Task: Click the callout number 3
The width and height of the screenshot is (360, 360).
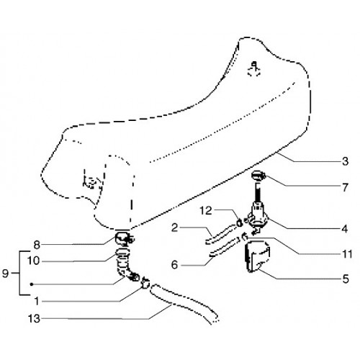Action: [345, 161]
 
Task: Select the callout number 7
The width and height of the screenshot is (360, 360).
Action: [345, 187]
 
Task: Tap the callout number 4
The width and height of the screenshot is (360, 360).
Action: [345, 229]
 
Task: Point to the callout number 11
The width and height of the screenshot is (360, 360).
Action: [347, 254]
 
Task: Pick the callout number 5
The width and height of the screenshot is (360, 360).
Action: [346, 279]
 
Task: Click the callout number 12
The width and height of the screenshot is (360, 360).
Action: [206, 211]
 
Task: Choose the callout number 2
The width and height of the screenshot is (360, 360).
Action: [174, 228]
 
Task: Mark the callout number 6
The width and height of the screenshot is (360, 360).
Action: [174, 265]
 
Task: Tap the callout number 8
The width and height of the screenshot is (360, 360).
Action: [37, 245]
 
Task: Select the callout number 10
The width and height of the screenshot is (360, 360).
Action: [33, 261]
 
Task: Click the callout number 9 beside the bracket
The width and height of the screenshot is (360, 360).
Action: [5, 274]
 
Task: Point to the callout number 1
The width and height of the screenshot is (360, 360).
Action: [37, 301]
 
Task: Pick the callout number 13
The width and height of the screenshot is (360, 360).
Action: [34, 319]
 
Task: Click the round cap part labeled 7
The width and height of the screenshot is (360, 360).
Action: [258, 175]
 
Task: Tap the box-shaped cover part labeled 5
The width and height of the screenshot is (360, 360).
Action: [257, 256]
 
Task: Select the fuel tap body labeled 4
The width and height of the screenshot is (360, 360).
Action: [258, 215]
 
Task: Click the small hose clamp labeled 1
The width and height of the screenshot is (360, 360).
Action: [145, 284]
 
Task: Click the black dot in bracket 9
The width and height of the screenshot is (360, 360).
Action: [32, 284]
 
